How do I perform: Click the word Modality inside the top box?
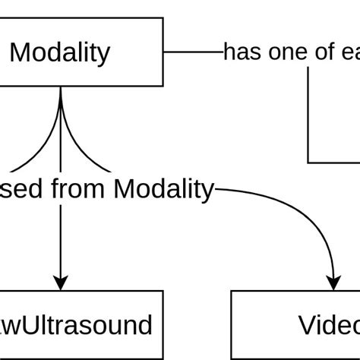pyautogui.click(x=60, y=52)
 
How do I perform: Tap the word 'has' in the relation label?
pyautogui.click(x=241, y=52)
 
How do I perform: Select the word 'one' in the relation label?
pyautogui.click(x=283, y=52)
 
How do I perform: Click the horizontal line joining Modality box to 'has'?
pyautogui.click(x=193, y=52)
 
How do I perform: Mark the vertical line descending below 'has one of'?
pyautogui.click(x=308, y=114)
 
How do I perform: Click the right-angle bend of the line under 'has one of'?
pyautogui.click(x=309, y=162)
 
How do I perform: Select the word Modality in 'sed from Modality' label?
pyautogui.click(x=163, y=188)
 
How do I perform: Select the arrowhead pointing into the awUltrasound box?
pyautogui.click(x=60, y=282)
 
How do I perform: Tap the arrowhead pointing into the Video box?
pyautogui.click(x=334, y=282)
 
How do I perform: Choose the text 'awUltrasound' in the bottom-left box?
pyautogui.click(x=76, y=325)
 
